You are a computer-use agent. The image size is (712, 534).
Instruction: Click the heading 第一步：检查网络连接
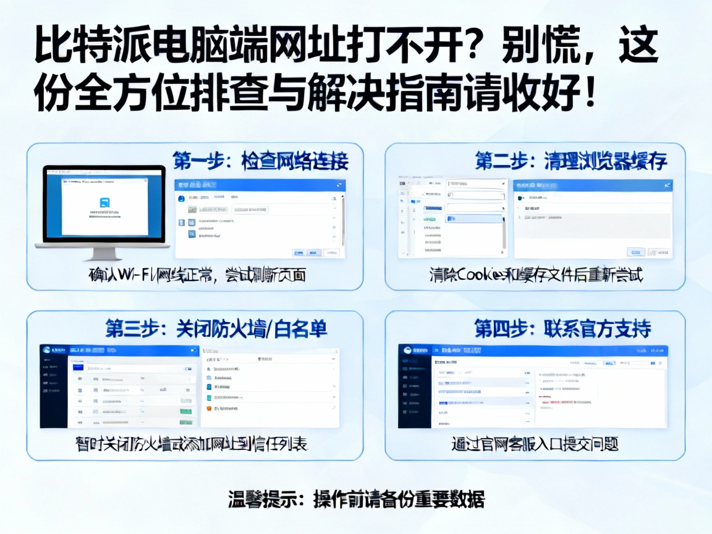[x=260, y=161]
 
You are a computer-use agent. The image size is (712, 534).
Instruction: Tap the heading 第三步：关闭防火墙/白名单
[x=216, y=329]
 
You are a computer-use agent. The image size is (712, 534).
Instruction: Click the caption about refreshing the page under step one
[x=197, y=274]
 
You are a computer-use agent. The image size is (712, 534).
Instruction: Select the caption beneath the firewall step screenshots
[x=191, y=444]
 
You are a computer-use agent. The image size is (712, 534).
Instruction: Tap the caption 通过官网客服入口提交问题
[x=535, y=444]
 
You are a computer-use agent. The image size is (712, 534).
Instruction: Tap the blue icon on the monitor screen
[x=104, y=202]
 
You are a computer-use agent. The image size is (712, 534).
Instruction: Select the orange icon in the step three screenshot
[x=209, y=408]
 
